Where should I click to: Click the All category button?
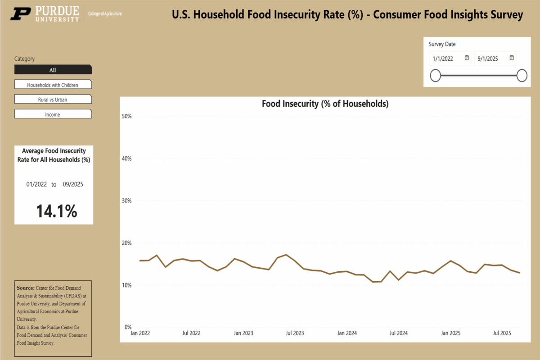point(53,70)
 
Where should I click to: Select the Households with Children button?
point(53,85)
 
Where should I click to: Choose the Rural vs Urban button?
point(53,99)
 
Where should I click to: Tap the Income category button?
point(53,114)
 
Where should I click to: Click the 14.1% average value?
point(57,211)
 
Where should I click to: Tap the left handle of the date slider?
point(435,76)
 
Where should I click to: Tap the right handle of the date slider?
point(522,76)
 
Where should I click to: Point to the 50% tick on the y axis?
point(126,117)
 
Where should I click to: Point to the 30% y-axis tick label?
point(126,201)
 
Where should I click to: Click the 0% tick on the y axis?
point(128,327)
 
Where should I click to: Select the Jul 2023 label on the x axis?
point(295,333)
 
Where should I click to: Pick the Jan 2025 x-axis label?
point(450,333)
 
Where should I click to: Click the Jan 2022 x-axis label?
point(140,333)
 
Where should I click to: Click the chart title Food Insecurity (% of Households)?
point(325,104)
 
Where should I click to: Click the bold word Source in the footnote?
point(26,288)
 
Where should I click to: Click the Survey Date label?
point(442,44)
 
